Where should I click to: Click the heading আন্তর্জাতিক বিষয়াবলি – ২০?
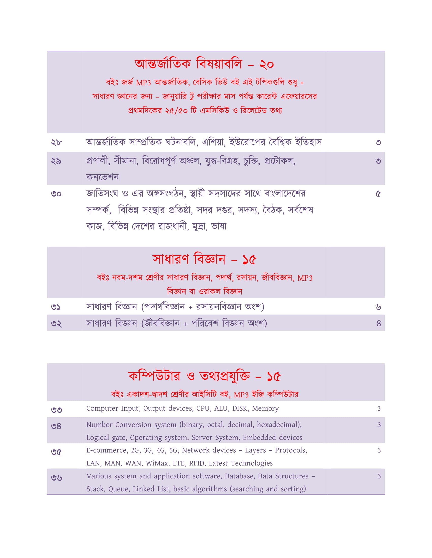204,64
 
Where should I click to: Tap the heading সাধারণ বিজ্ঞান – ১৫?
204,259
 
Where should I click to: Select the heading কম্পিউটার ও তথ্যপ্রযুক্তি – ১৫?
204,376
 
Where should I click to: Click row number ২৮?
56,142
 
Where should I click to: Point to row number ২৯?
56,161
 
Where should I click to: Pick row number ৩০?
56,194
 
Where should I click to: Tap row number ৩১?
56,307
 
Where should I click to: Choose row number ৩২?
56,323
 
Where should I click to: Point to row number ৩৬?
56,478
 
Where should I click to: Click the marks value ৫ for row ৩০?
378,194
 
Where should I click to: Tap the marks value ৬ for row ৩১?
378,307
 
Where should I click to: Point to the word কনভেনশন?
102,177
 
